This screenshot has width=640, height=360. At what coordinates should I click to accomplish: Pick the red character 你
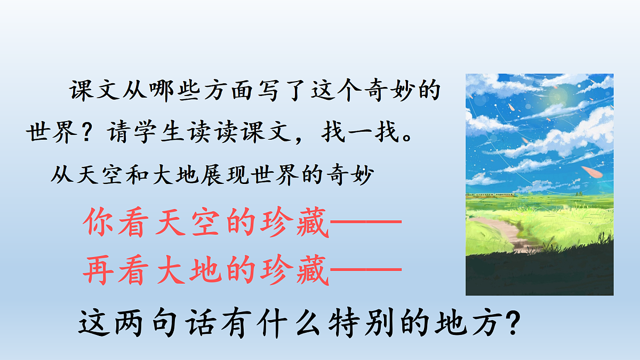(x=99, y=222)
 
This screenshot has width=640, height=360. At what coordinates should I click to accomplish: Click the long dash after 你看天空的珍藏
(x=365, y=223)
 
